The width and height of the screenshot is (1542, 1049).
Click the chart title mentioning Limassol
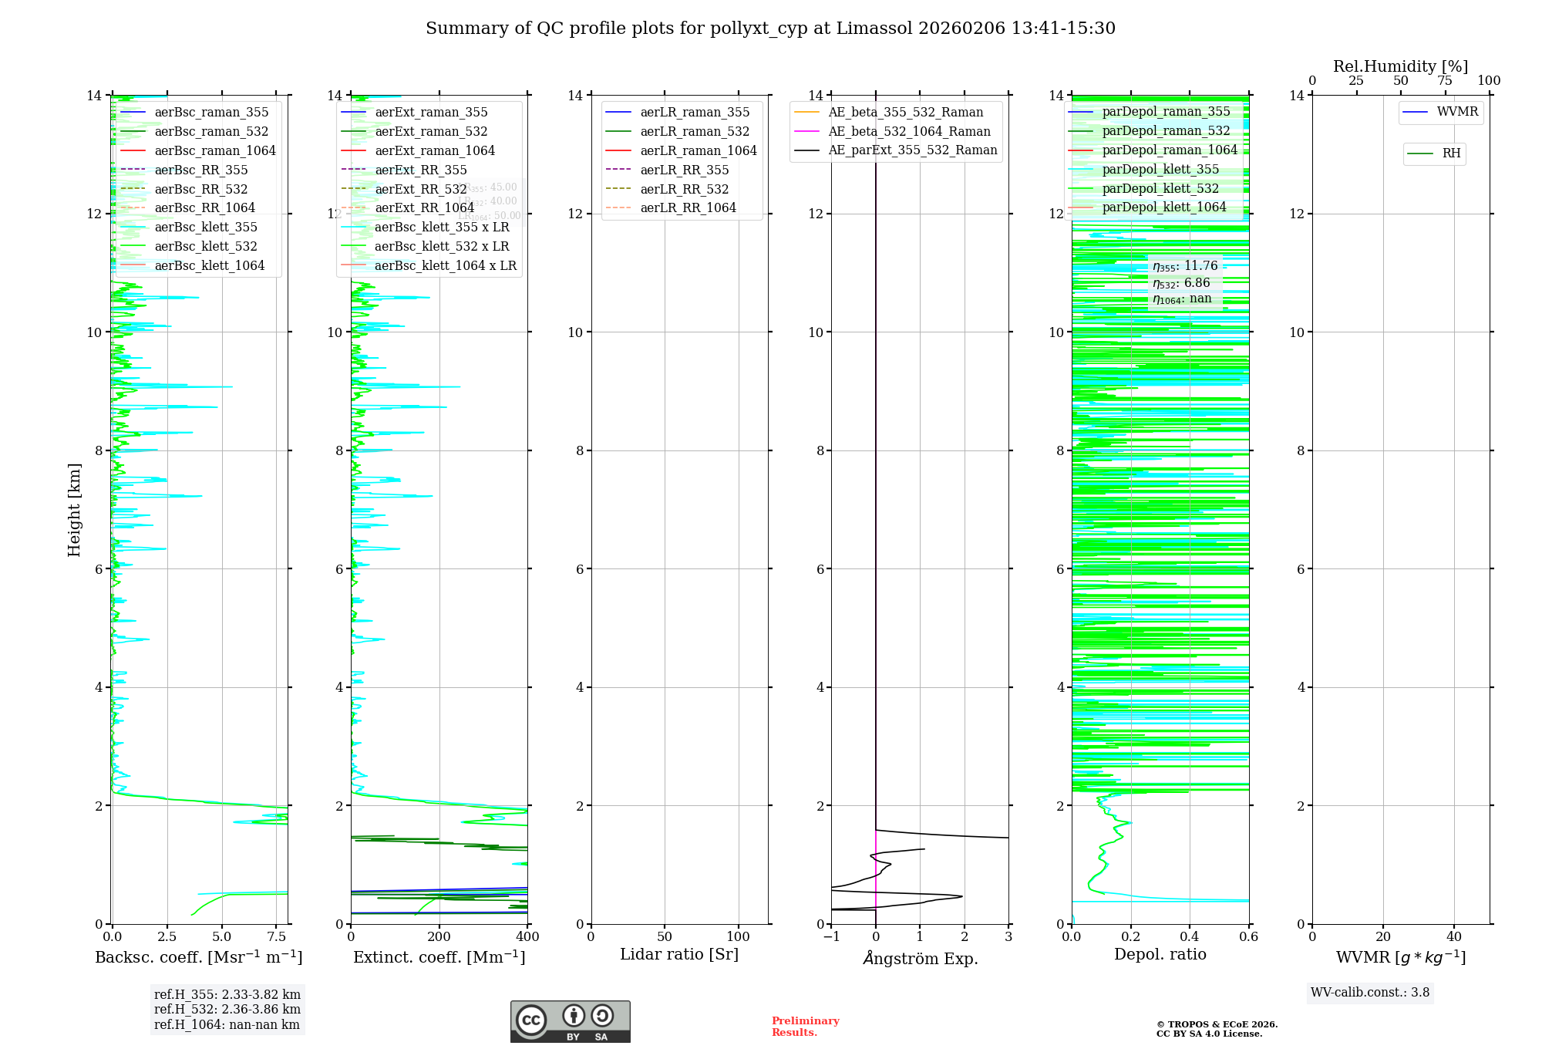pos(770,29)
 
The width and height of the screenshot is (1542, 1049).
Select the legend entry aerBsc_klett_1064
pos(209,265)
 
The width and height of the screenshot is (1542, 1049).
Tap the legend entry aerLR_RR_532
pos(684,189)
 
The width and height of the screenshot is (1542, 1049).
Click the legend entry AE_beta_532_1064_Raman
pos(909,131)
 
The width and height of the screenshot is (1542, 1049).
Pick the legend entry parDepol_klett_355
pos(1160,169)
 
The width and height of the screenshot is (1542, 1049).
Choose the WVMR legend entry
pos(1457,112)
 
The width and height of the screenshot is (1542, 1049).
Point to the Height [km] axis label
pos(74,509)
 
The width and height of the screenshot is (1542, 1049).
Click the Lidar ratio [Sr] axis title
pos(679,954)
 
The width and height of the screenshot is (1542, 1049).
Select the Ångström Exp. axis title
pos(920,958)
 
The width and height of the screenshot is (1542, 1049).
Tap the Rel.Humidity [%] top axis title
pos(1400,66)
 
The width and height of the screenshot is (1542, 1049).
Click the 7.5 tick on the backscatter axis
pos(277,937)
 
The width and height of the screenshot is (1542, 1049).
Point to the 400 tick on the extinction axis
pos(528,937)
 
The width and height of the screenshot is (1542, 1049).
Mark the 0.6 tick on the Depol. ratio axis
pos(1248,937)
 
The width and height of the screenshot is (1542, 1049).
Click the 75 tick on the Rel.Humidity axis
pos(1445,80)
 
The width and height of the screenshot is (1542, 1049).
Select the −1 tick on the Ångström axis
pos(831,937)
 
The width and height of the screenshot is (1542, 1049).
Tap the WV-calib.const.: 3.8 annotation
pos(1370,993)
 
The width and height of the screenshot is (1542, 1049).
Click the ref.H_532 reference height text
pos(227,1009)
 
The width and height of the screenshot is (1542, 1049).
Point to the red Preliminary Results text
pos(805,1027)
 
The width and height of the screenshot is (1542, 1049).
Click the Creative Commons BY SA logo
pos(570,1022)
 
